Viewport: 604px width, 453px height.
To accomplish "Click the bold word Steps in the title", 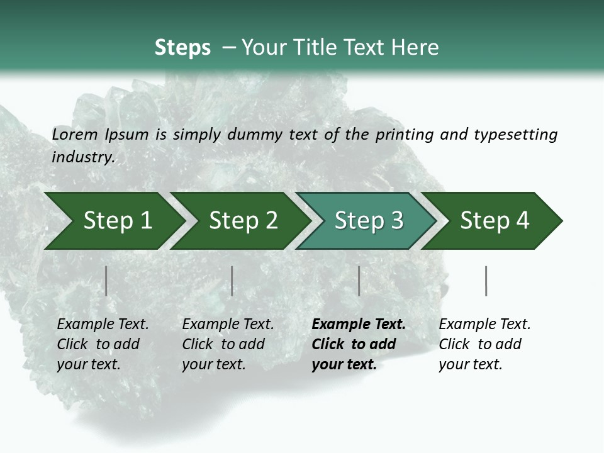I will click(182, 48).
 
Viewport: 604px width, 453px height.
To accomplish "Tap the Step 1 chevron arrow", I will click(117, 221).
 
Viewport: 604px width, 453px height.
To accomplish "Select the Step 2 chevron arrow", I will click(243, 221).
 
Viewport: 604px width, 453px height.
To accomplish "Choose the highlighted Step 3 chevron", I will click(369, 221).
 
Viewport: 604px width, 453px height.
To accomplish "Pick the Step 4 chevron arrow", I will click(495, 221).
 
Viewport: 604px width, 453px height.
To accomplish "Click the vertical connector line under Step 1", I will click(106, 281).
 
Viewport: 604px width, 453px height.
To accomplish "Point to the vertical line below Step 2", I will click(232, 281).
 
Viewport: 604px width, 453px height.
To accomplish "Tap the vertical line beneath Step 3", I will click(359, 281).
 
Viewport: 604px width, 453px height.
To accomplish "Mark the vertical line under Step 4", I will click(486, 281).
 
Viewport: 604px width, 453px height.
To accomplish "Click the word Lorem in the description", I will click(75, 135).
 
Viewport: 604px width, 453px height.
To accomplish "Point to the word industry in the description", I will click(83, 157).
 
